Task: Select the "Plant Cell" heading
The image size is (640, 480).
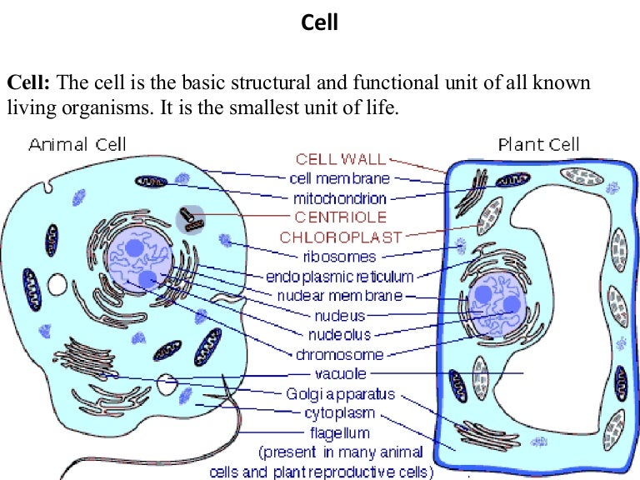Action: point(534,144)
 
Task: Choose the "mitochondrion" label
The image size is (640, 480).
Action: point(339,198)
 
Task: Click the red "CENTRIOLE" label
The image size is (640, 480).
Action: point(340,217)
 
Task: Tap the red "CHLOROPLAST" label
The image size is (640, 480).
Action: point(341,237)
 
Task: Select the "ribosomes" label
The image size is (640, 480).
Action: point(340,257)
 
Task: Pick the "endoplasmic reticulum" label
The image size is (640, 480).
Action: point(340,276)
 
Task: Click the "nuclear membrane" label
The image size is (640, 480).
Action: point(340,296)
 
